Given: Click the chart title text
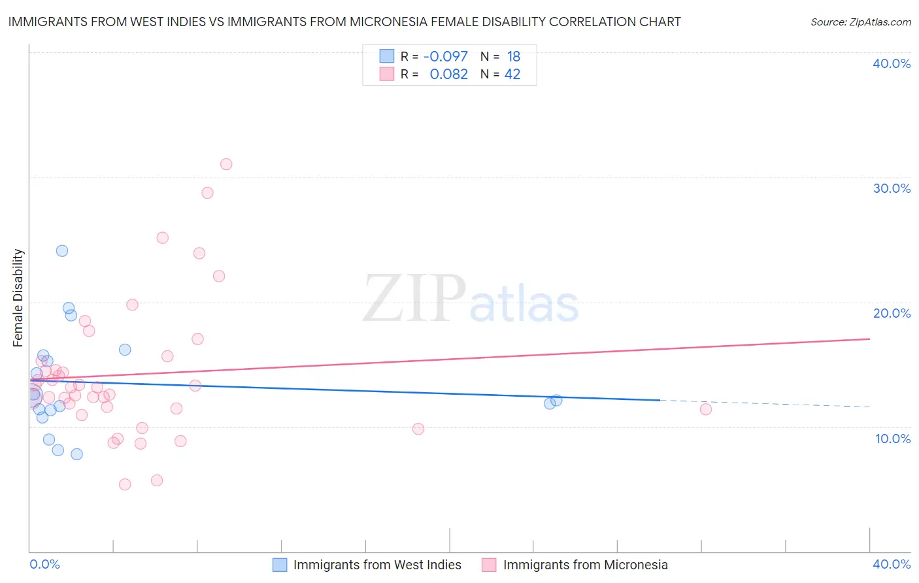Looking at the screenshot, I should [344, 22].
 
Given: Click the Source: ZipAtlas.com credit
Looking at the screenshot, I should [860, 22].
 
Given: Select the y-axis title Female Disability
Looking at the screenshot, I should [18, 297].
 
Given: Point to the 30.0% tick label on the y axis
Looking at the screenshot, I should [892, 188].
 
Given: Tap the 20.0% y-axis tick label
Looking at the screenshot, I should [892, 313].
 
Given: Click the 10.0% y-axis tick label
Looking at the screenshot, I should [893, 439].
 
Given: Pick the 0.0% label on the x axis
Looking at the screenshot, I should [44, 564].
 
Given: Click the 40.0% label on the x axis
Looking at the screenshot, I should [892, 564].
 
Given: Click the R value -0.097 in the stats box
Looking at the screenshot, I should [446, 57].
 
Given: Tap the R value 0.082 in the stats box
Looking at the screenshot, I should [448, 75].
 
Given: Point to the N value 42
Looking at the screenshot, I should [512, 75].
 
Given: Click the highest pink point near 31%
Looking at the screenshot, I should [226, 164].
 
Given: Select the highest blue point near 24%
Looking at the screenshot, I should [62, 250].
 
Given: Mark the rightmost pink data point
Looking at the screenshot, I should [705, 409].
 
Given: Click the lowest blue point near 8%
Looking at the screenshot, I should [76, 454].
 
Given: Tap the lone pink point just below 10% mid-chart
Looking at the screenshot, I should [418, 429].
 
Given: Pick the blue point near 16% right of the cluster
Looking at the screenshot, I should [125, 350].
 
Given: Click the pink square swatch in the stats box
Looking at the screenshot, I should [387, 74].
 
